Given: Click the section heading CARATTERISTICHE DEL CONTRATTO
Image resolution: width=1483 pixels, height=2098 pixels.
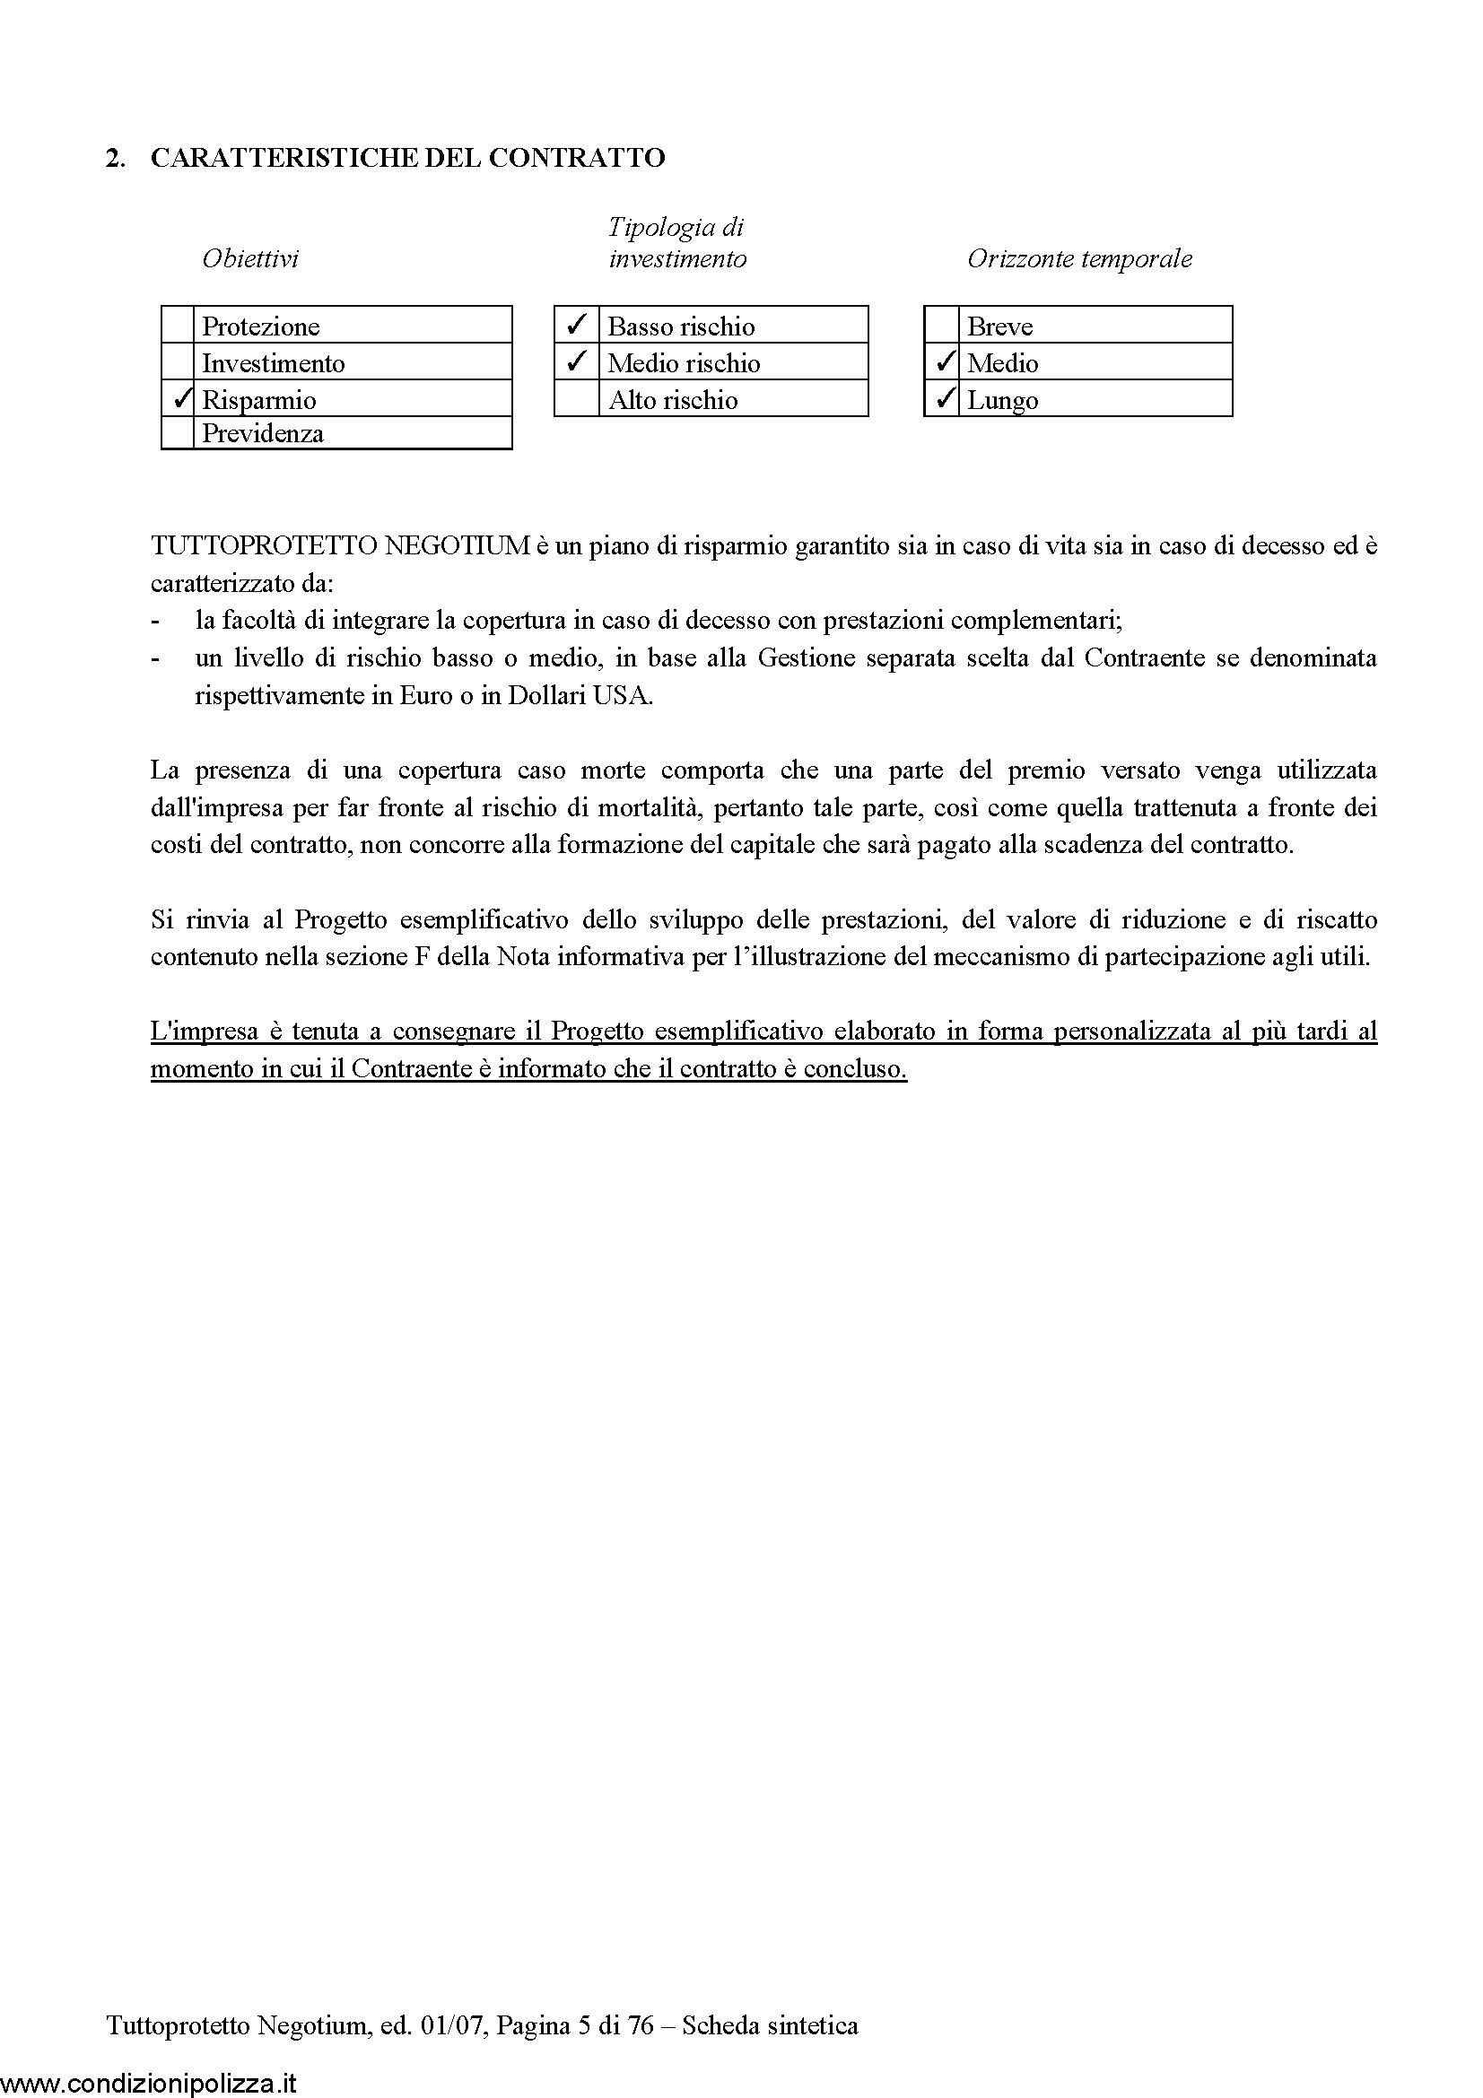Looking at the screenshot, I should click(407, 158).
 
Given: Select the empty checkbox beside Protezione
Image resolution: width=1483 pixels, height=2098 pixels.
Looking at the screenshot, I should click(179, 326).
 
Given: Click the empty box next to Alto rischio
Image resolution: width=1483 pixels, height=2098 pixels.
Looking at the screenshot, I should click(577, 399).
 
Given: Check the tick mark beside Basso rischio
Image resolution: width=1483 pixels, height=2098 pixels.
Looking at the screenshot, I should click(577, 325).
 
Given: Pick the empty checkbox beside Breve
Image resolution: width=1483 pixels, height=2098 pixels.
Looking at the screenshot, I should click(941, 326).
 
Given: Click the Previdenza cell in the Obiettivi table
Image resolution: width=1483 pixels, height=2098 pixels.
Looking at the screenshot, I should click(263, 433).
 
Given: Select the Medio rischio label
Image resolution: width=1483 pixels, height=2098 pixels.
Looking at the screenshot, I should click(684, 362).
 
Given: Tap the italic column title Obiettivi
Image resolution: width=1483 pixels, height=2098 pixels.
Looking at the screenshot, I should click(250, 258).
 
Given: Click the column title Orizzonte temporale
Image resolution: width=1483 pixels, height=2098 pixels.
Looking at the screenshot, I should click(1079, 258).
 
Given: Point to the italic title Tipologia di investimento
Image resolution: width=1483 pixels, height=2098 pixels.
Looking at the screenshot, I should click(677, 243).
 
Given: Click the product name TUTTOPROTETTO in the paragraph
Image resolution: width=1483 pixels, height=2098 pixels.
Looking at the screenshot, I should click(264, 545).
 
